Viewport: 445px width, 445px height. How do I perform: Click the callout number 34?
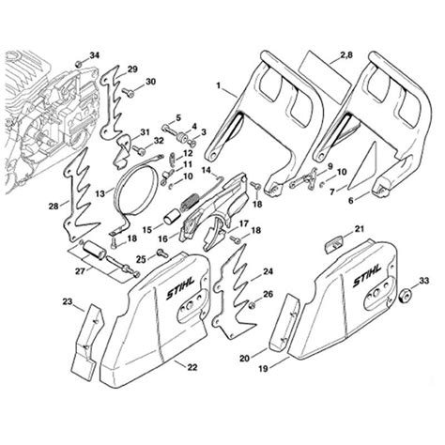93,56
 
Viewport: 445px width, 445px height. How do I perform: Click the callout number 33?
424,280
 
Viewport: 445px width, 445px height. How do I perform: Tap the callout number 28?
54,205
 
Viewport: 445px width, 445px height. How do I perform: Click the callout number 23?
67,301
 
